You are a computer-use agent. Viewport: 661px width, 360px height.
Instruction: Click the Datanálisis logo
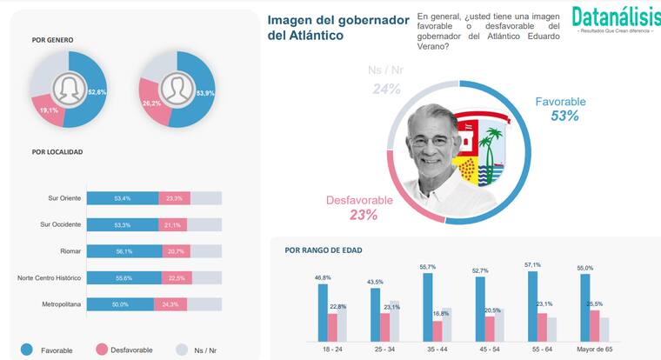pos(616,18)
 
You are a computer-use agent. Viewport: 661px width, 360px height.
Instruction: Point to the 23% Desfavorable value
pos(363,215)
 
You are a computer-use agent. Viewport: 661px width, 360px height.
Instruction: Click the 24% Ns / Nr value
pos(386,88)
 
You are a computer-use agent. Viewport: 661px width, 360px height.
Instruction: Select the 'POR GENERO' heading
pos(52,40)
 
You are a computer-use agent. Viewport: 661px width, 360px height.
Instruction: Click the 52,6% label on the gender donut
pos(97,91)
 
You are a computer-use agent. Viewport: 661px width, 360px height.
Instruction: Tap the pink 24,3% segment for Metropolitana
pos(177,304)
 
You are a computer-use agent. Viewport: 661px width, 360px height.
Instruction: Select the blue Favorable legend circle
pos(26,350)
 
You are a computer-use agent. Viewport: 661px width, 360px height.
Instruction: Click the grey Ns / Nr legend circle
pos(182,350)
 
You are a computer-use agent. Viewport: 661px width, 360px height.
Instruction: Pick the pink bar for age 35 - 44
pos(438,329)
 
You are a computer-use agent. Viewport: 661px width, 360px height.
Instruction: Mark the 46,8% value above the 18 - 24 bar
pos(324,277)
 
